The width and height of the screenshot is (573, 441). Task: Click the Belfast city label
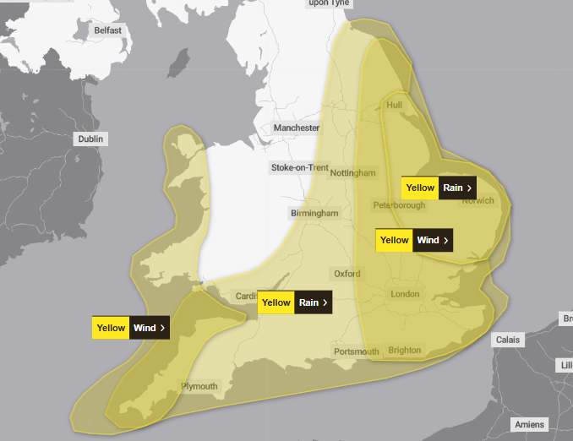[107, 30]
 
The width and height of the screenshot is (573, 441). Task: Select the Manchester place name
[296, 128]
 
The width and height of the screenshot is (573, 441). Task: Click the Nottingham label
[352, 173]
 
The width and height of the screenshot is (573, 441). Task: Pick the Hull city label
[395, 105]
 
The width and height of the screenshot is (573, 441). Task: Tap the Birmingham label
[314, 214]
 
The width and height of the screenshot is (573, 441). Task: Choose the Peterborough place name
[399, 205]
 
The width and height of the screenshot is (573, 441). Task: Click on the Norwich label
[477, 200]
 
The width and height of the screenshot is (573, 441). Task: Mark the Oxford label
[347, 274]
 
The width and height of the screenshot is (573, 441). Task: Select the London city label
[405, 294]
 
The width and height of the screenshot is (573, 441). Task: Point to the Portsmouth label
[357, 351]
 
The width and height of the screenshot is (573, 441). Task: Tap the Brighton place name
[404, 351]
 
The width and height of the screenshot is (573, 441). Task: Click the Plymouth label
[199, 387]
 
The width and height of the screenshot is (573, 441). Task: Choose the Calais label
[510, 340]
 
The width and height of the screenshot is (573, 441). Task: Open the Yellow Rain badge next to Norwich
[438, 188]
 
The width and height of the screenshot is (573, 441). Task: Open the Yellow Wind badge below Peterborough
[413, 240]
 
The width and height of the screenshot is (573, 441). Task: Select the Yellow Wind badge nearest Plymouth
[131, 328]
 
